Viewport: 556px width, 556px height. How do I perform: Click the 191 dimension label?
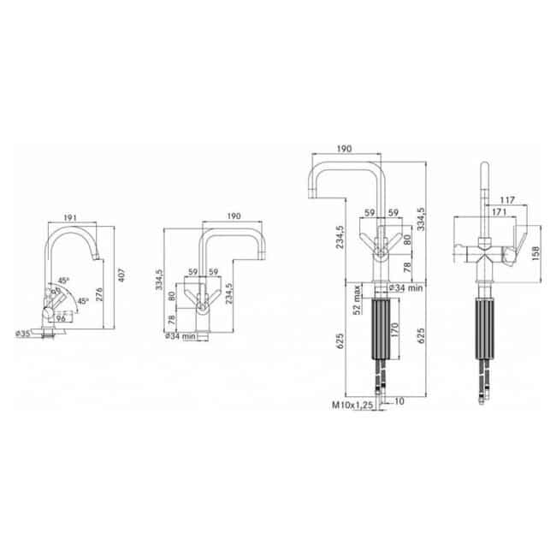(x=70, y=217)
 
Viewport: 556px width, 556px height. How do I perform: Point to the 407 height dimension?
(x=121, y=275)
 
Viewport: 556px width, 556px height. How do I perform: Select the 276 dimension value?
(x=99, y=294)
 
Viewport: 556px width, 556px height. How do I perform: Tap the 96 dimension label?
(x=61, y=318)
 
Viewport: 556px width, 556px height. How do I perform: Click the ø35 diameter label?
(x=23, y=334)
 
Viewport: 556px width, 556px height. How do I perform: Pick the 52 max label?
(x=357, y=299)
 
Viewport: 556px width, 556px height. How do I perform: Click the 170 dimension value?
(x=394, y=330)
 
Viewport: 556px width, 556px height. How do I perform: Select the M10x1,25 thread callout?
(x=352, y=405)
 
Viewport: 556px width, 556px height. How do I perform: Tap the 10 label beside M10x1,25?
(x=399, y=401)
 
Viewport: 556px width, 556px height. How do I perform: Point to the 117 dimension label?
(x=507, y=200)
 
